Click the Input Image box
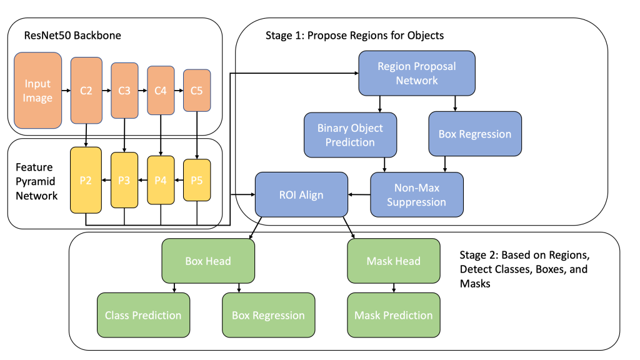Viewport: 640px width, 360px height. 38,91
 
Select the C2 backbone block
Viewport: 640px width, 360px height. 86,91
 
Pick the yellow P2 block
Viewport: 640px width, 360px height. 86,180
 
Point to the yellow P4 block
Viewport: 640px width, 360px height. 161,180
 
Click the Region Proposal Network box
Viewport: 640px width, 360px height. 417,72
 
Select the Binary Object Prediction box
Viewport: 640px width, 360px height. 350,134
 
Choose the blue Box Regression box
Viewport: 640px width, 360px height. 475,134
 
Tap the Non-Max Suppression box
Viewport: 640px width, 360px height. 417,194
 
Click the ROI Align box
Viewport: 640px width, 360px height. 301,195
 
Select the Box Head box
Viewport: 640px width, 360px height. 208,261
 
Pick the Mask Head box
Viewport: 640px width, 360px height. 394,261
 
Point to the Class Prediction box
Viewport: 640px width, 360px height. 143,315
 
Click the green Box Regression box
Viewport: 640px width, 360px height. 268,315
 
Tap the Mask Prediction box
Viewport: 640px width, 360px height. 394,315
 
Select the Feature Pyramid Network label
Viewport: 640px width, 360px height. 37,181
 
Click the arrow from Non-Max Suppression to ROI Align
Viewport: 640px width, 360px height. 359,195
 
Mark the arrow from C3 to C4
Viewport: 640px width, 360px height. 142,91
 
